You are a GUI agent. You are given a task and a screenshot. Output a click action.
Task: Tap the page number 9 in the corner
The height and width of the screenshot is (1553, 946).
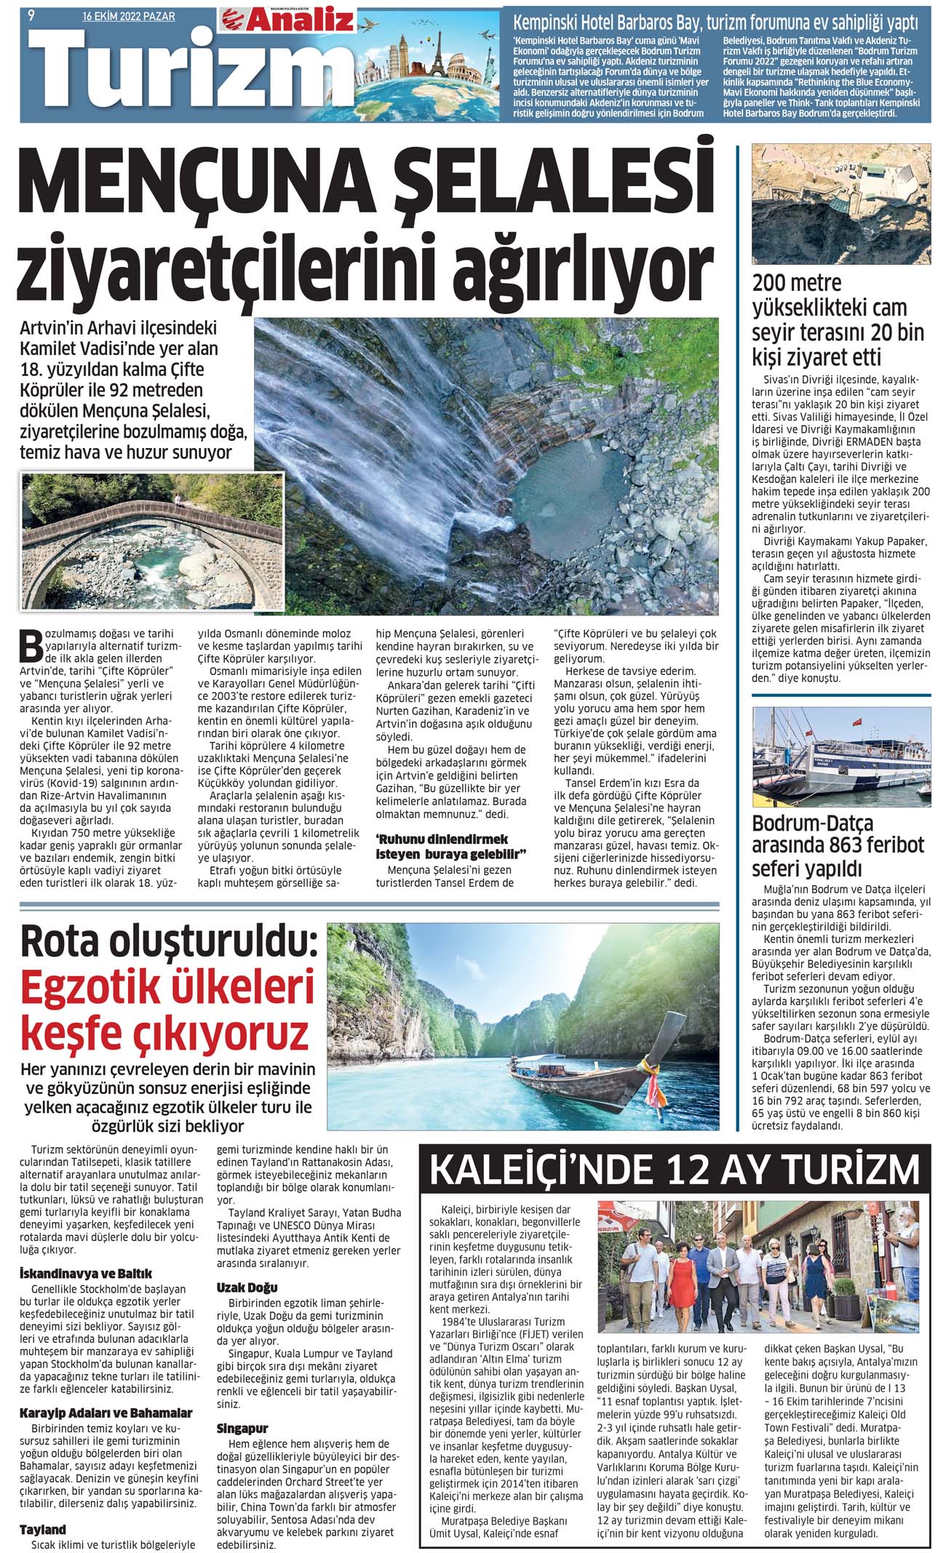click(x=31, y=15)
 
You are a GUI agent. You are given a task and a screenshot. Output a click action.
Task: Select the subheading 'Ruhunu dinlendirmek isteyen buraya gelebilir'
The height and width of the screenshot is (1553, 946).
click(x=450, y=846)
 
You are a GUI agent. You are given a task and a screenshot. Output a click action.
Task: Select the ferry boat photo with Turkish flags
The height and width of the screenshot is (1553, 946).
click(x=841, y=756)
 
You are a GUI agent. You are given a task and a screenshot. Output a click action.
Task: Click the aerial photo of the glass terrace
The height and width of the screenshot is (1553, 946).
click(x=841, y=204)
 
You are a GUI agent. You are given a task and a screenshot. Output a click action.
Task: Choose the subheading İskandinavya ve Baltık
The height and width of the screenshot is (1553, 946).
click(x=86, y=1273)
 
